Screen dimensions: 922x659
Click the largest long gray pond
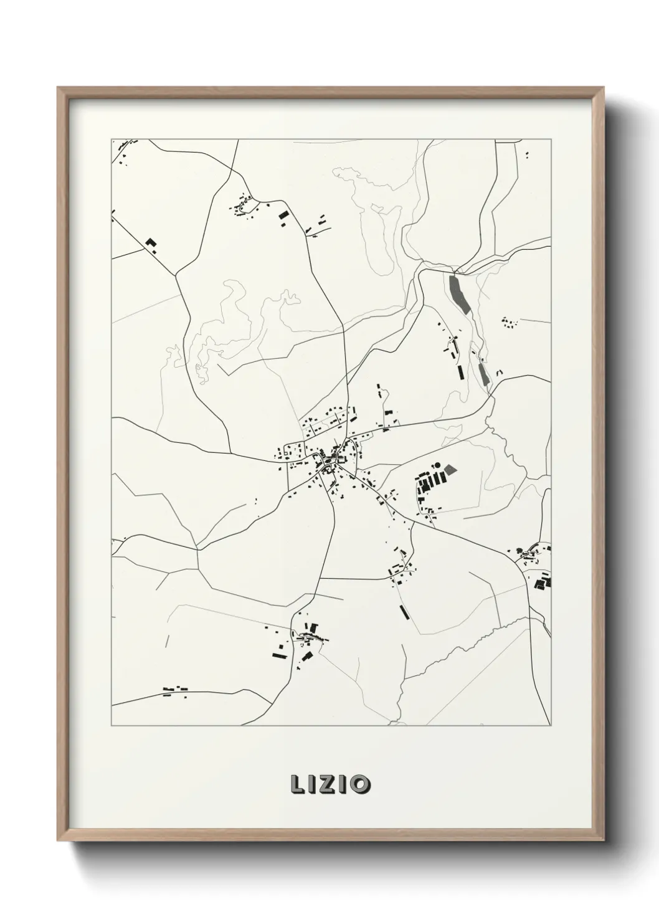459,293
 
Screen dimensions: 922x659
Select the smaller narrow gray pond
483,373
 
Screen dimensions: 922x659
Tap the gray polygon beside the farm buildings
450,469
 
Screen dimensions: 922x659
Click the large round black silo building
436,465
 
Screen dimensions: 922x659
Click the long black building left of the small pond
460,372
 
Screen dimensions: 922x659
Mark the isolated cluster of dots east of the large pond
509,323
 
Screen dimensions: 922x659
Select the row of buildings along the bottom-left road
176,689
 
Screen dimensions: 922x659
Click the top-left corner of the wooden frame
58,88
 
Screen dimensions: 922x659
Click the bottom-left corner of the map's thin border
111,726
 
